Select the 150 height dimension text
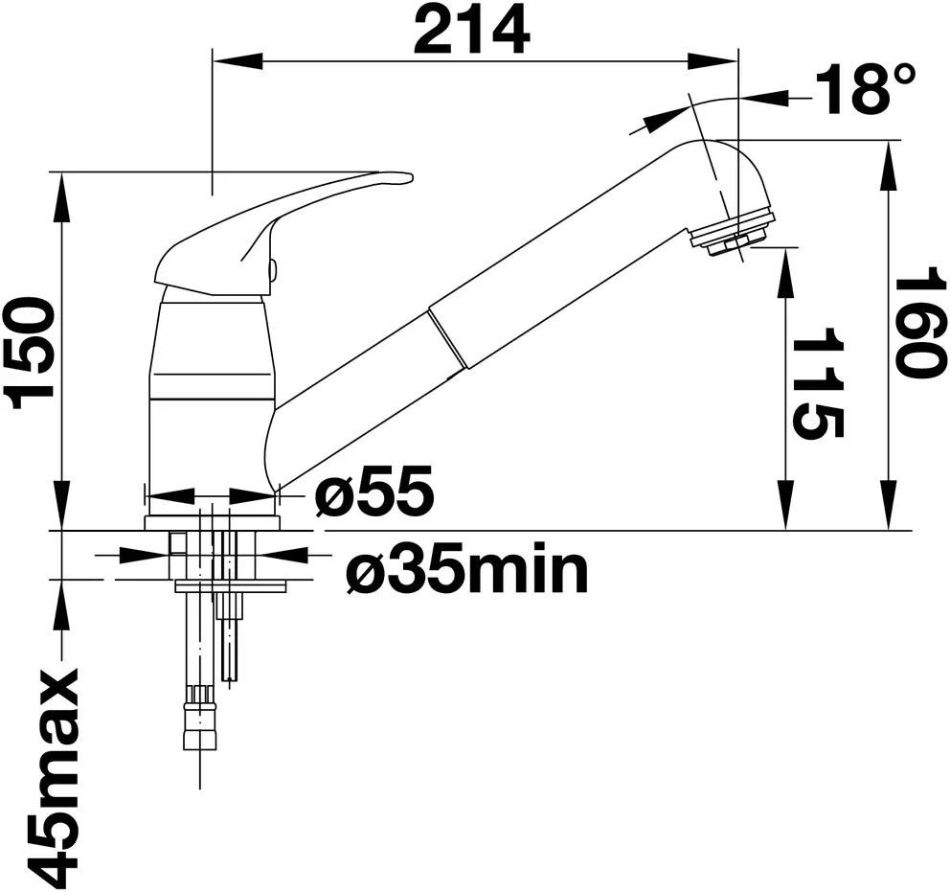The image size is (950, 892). point(29,355)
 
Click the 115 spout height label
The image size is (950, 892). point(818,383)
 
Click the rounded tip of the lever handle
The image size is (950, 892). point(408,177)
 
